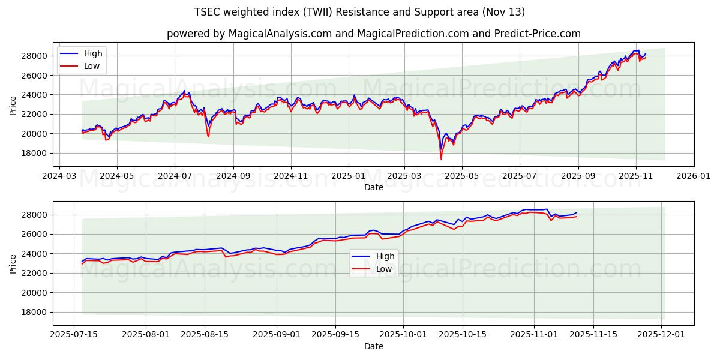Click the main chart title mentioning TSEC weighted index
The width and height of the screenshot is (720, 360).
tap(360, 12)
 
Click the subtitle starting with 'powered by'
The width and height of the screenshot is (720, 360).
tap(374, 34)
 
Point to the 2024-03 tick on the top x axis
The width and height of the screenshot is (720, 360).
tap(58, 177)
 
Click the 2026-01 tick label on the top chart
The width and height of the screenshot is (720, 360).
tap(694, 177)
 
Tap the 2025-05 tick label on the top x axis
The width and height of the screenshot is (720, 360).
tap(461, 177)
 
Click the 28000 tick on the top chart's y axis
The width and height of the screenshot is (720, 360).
tap(35, 56)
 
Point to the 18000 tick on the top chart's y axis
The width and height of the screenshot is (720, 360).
tap(35, 153)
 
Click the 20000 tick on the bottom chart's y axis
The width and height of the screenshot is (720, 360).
tap(35, 293)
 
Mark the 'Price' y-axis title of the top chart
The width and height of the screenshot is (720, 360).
tap(13, 104)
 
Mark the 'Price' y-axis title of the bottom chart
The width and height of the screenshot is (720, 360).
tap(13, 263)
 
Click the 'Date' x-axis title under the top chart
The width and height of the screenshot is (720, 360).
tap(374, 188)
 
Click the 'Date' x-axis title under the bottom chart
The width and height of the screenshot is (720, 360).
tap(374, 346)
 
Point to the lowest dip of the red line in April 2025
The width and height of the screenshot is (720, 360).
tap(441, 159)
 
